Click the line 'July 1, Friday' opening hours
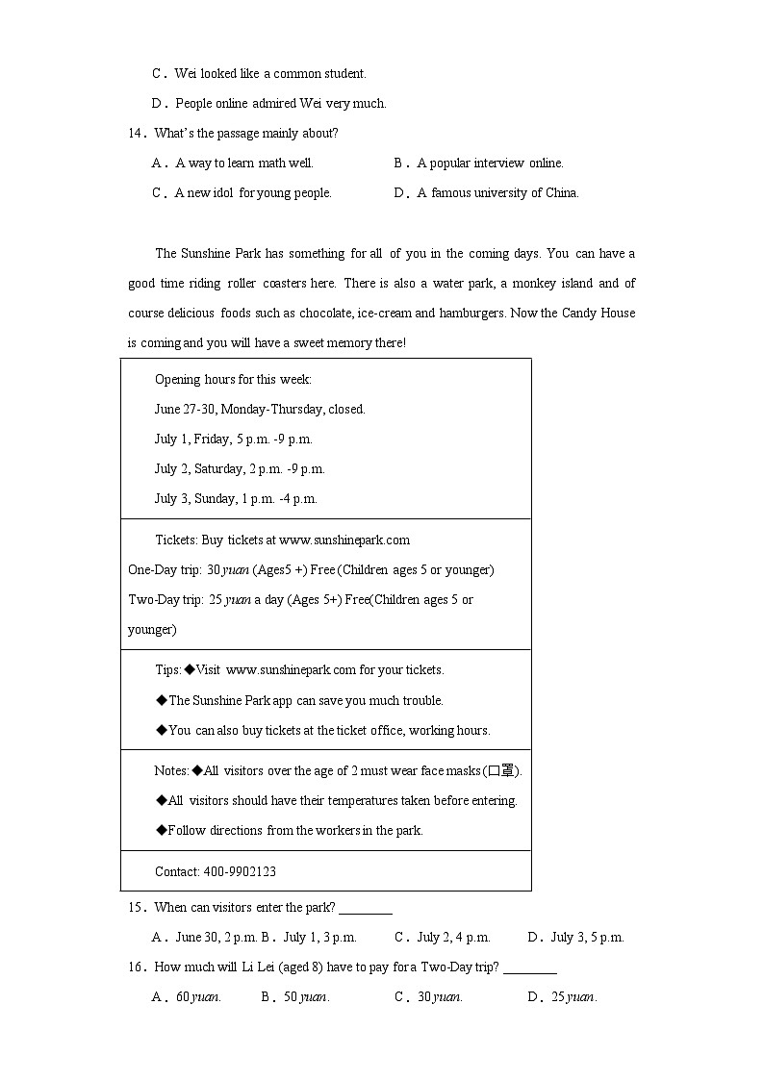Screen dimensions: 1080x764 234,440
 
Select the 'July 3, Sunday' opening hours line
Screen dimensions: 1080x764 236,499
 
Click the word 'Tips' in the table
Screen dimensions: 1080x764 167,670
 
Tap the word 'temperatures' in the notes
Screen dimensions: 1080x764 363,801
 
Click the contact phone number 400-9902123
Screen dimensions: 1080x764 240,872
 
